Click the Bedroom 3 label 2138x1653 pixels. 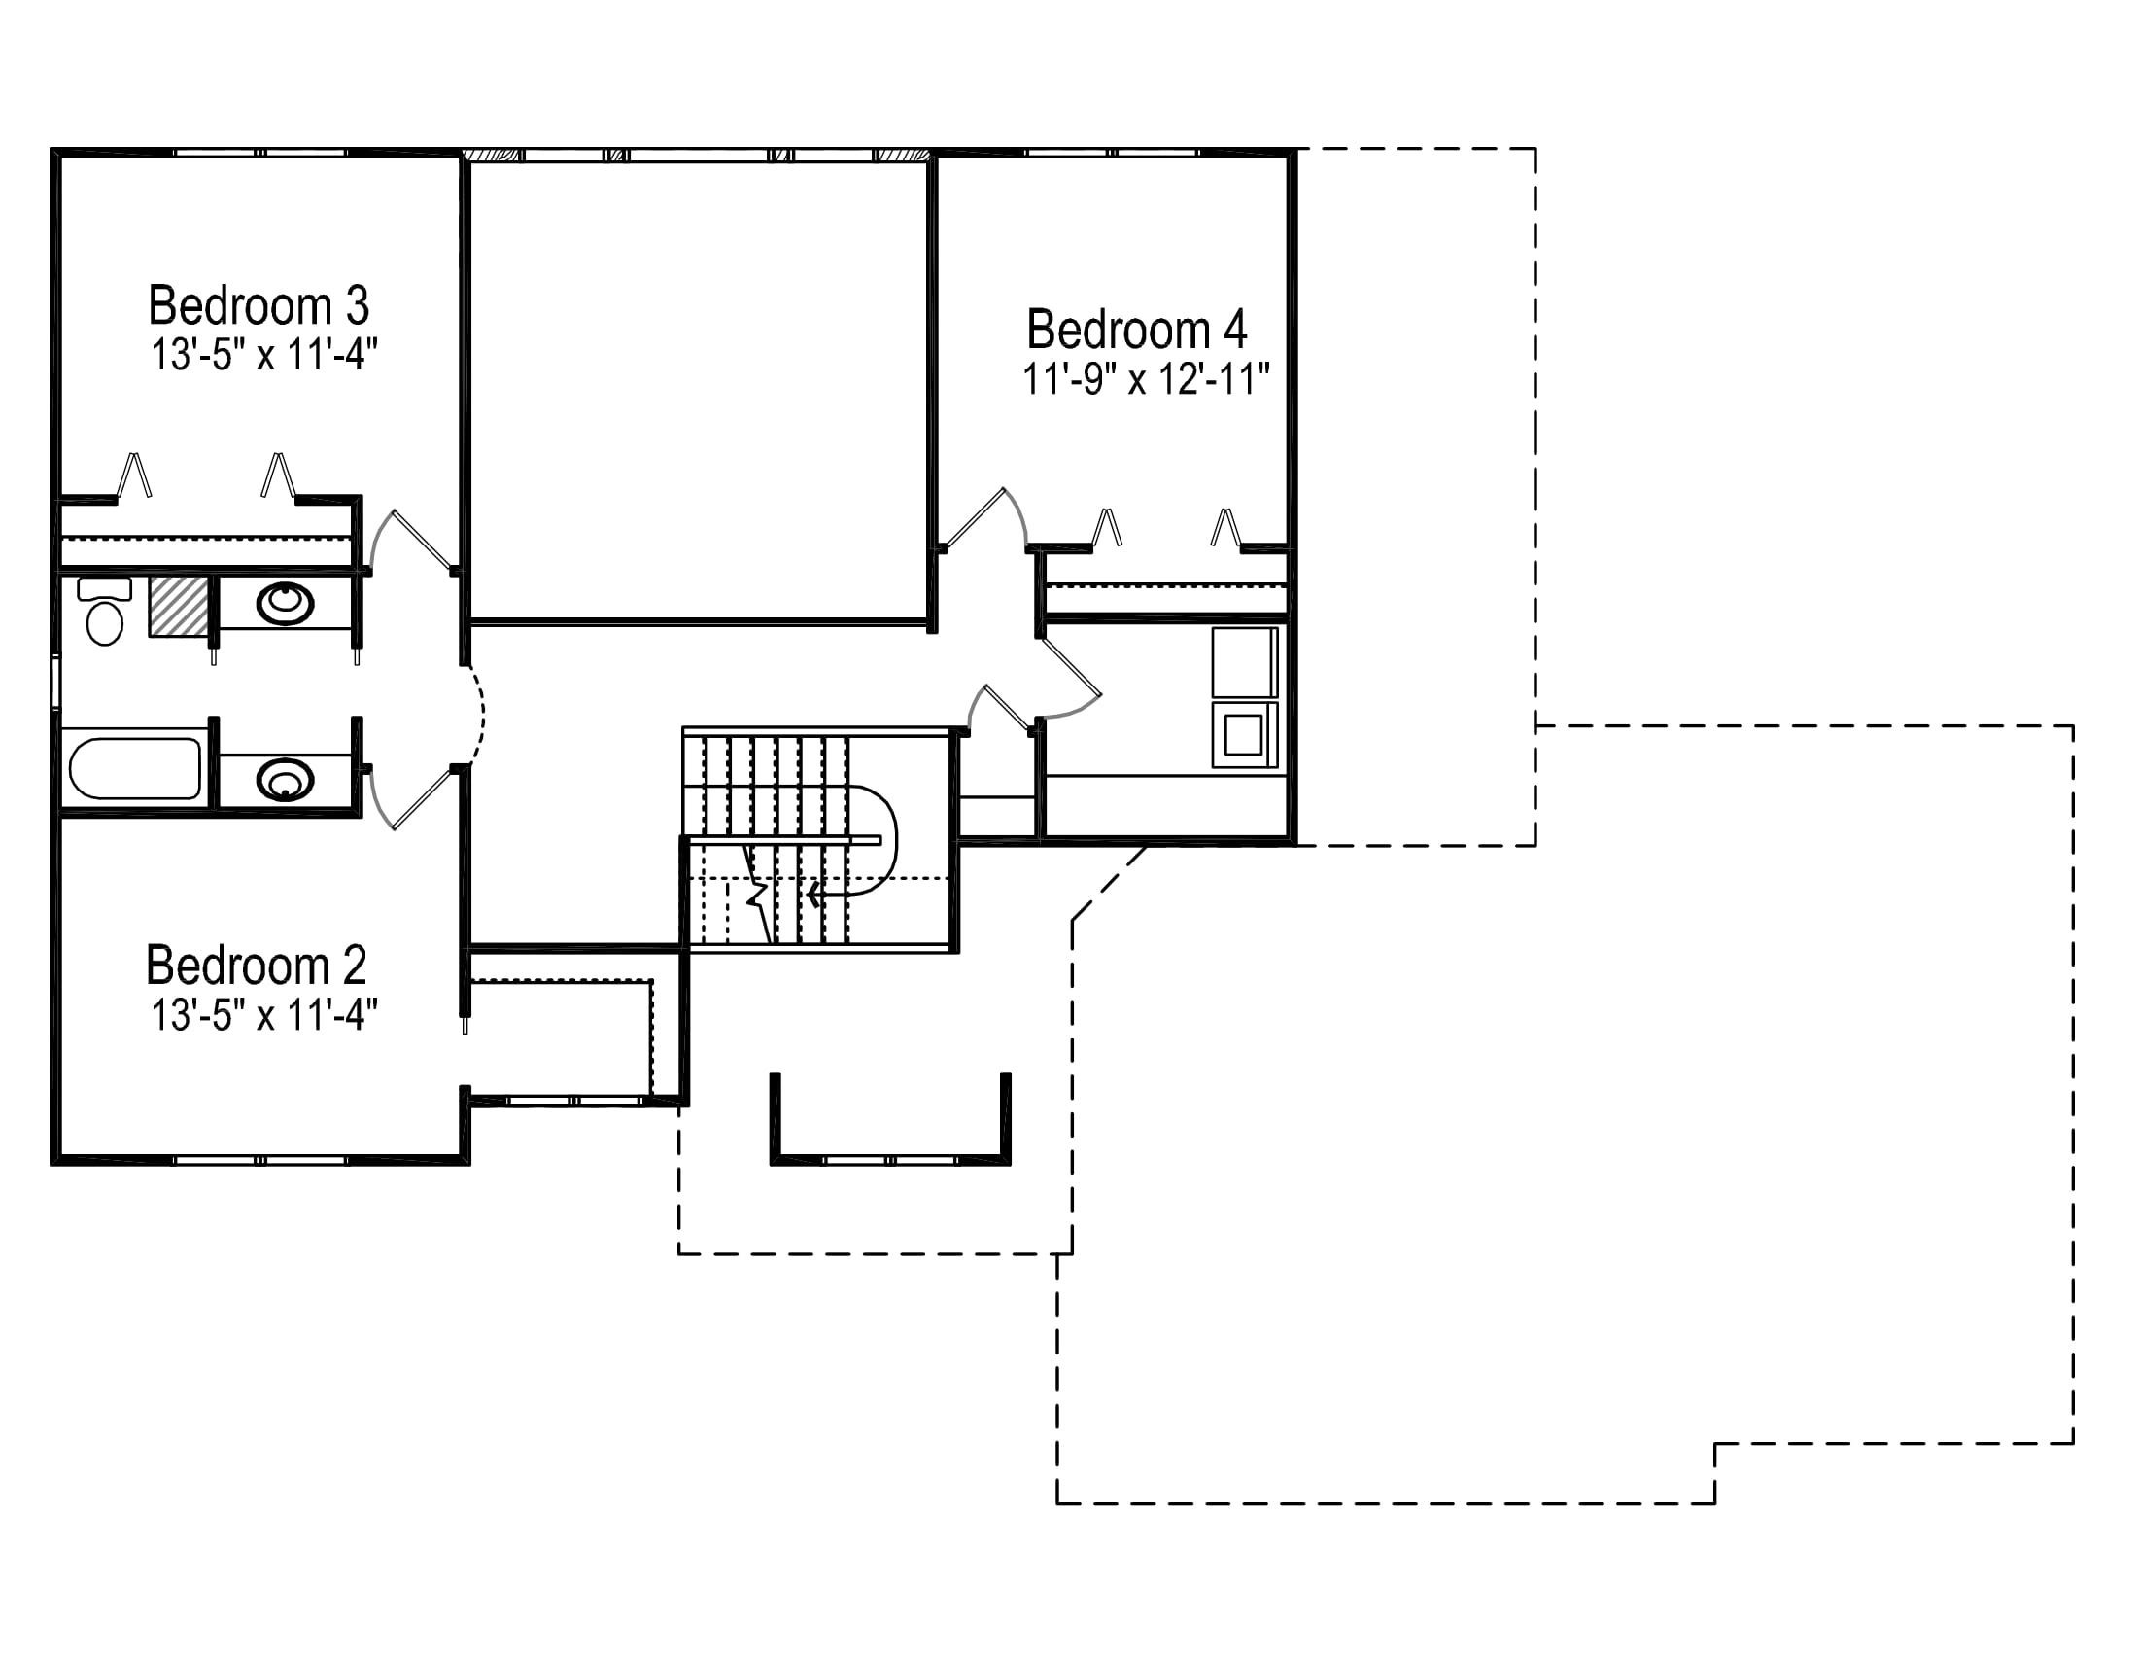point(259,305)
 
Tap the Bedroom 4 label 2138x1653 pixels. point(1137,329)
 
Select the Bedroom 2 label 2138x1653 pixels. point(257,966)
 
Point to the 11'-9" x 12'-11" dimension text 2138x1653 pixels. point(1147,379)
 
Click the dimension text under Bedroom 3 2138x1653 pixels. point(264,355)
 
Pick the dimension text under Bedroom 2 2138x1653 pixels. point(264,1015)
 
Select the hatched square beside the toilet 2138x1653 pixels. point(179,607)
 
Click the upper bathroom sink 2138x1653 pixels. point(285,602)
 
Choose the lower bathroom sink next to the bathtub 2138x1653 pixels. point(285,781)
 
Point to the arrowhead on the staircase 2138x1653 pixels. point(814,894)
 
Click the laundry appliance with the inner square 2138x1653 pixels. point(1244,734)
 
